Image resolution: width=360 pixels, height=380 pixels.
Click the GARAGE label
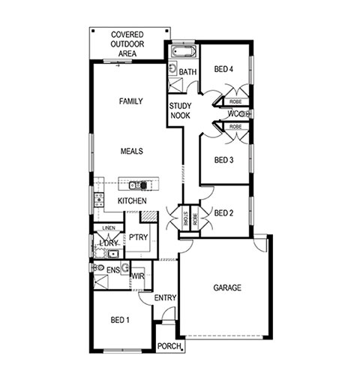(x=227, y=288)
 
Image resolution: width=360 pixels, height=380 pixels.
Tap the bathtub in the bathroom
(x=184, y=52)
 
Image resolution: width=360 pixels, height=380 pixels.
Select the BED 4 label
(x=223, y=69)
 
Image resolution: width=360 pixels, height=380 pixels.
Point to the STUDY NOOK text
(x=180, y=110)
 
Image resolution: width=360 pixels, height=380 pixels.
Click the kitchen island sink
(x=135, y=185)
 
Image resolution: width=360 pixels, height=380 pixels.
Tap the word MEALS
(x=132, y=151)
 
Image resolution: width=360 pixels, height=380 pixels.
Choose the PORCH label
(x=169, y=346)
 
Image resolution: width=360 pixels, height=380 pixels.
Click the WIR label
(x=138, y=276)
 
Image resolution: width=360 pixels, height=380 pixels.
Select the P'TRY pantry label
(x=138, y=237)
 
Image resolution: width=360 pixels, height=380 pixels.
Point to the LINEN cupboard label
(x=109, y=228)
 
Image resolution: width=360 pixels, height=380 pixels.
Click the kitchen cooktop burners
(x=99, y=200)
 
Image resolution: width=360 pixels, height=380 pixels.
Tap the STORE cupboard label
(x=185, y=219)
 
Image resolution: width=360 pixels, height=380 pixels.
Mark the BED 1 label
(x=120, y=320)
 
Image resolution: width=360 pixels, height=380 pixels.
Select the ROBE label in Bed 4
(x=235, y=102)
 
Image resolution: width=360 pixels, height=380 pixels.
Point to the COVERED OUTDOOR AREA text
(x=127, y=44)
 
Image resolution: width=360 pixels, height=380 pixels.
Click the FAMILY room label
(x=131, y=101)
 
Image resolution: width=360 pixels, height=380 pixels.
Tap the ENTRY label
(x=165, y=298)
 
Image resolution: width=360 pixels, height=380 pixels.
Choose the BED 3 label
(x=223, y=160)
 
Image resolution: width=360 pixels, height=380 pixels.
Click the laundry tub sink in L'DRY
(x=113, y=255)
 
